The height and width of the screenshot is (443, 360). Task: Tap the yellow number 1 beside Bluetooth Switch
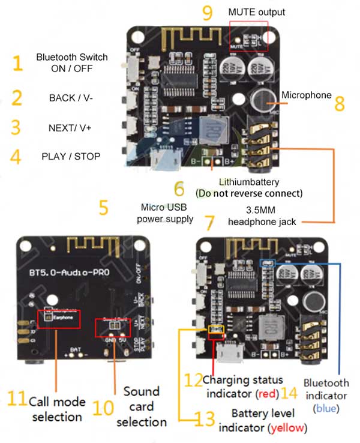(x=17, y=63)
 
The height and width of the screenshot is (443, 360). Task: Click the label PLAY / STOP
(x=71, y=156)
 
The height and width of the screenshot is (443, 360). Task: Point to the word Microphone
(x=306, y=95)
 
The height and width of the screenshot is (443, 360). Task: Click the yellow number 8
(x=340, y=103)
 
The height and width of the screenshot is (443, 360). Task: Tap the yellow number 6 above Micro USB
(x=179, y=188)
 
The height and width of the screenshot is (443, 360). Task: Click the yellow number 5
(x=103, y=208)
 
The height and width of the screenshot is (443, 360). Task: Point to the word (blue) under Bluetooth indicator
(x=326, y=408)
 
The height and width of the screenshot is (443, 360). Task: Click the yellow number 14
(x=289, y=393)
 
